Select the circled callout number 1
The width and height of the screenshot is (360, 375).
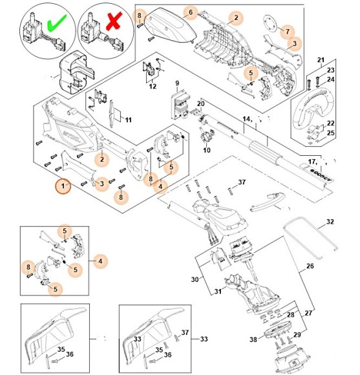pos(63,187)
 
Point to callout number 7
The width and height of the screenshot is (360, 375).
pos(288,30)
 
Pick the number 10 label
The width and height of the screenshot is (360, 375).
pos(206,151)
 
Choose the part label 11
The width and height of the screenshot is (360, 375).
pos(128,120)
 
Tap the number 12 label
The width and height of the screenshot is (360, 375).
pos(153,85)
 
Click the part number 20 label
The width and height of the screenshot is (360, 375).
pos(200,103)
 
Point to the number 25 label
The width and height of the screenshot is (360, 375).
pos(331,133)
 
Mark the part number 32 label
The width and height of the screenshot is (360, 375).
pos(330,222)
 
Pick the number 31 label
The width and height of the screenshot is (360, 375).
pos(218,292)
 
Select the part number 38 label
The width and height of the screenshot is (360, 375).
pos(253,339)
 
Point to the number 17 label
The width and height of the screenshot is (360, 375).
pos(312,162)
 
